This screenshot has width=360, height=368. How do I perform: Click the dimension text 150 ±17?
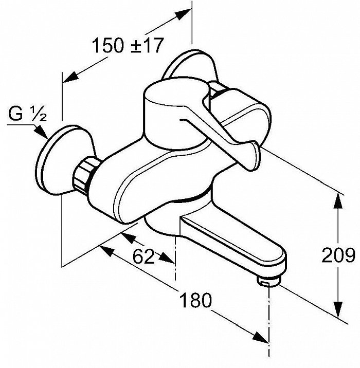pos(128,46)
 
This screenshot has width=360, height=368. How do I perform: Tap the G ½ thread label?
pos(28,114)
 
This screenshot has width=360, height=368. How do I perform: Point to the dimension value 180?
pos(195,300)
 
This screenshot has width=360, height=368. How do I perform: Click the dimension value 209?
pos(338,255)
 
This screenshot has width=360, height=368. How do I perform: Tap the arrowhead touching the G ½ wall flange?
pos(41,133)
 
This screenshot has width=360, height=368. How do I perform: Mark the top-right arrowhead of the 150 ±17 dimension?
pos(184,13)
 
